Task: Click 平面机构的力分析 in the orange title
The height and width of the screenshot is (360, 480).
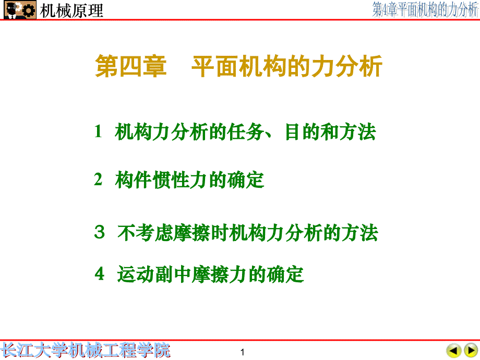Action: (287, 68)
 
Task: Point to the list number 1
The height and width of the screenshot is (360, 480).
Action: (98, 132)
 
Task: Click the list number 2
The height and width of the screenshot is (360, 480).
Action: (98, 180)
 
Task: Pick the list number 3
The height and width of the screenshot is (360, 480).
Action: (99, 233)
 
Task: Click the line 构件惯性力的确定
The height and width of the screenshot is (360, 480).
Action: (190, 180)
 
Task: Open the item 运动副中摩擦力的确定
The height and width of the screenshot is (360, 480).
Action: (210, 273)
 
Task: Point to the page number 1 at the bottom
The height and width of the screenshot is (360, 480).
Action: (243, 351)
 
